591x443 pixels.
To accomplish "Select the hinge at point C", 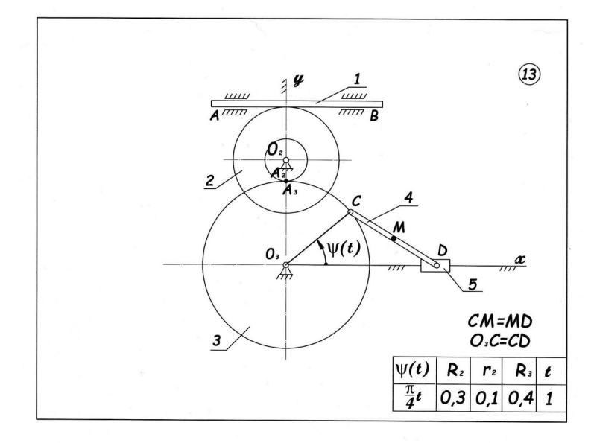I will click(x=351, y=212).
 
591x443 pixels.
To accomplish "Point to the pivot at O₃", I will click(x=285, y=264).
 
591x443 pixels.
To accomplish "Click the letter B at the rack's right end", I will click(x=375, y=116).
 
